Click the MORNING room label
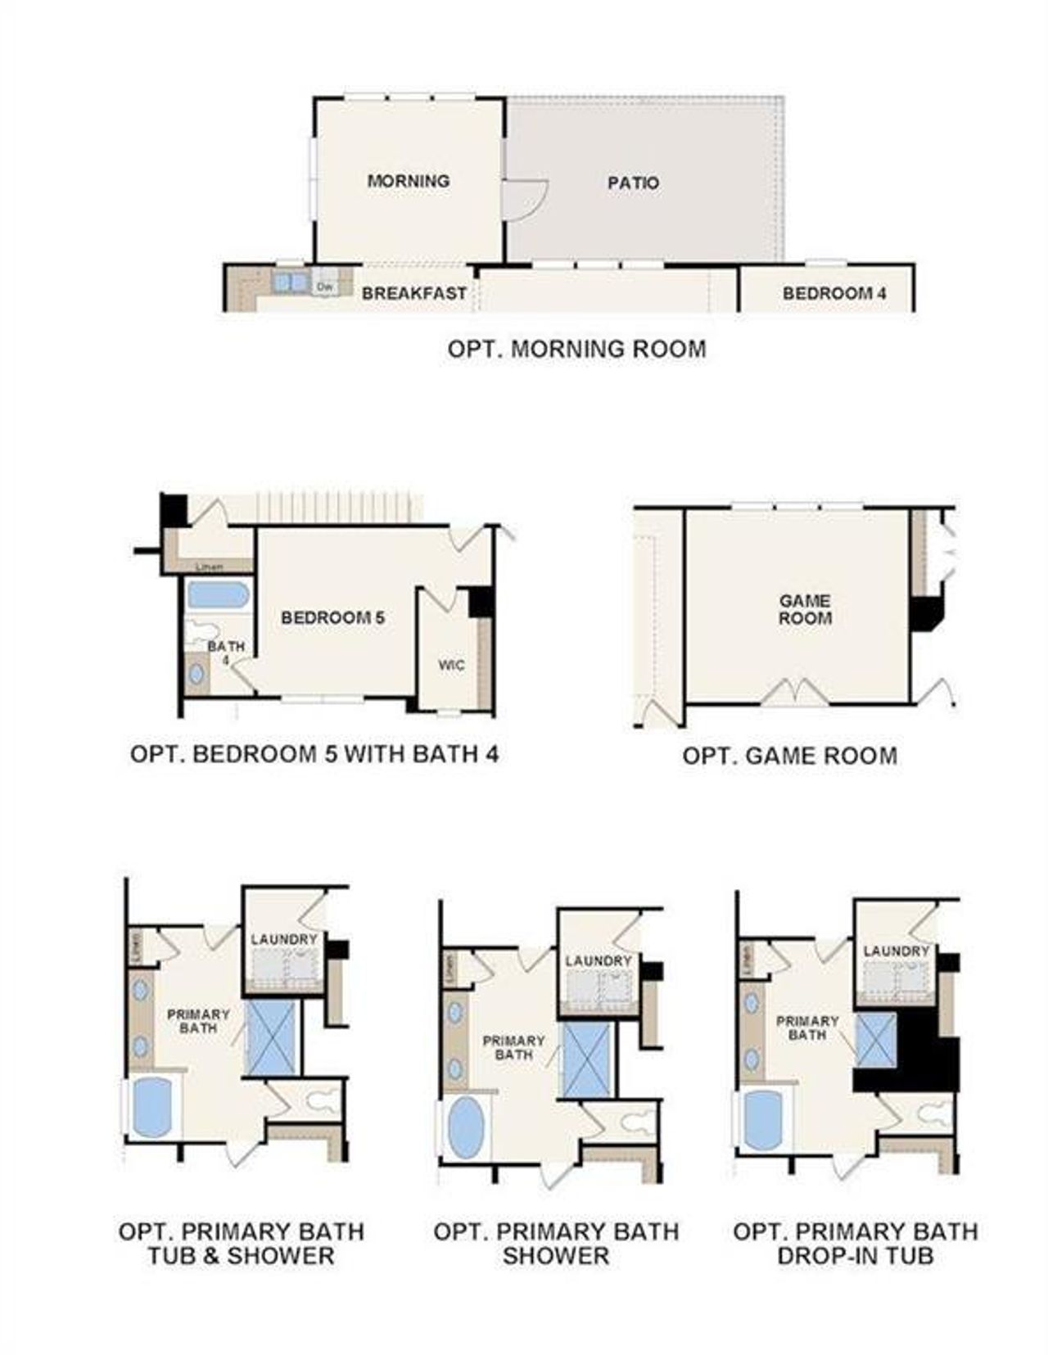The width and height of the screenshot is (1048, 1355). [408, 181]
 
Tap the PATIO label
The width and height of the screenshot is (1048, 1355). [633, 183]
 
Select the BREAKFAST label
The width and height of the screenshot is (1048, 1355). [414, 293]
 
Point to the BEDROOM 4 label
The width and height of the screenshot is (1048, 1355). [834, 293]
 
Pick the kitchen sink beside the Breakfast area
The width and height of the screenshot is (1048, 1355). [291, 282]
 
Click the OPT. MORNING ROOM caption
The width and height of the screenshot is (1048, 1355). [576, 349]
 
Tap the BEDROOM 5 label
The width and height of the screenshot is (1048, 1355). [332, 617]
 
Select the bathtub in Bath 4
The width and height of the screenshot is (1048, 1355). [218, 595]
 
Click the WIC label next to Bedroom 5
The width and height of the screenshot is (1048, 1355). [451, 666]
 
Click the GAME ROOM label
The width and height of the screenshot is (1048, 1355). [805, 610]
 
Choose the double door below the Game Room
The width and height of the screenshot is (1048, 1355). [794, 693]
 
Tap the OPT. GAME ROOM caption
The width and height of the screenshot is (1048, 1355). [789, 755]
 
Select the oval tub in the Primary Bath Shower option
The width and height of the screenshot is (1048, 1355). [466, 1127]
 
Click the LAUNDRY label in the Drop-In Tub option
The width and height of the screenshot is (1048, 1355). [897, 951]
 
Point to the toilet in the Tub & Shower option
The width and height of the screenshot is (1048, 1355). [323, 1100]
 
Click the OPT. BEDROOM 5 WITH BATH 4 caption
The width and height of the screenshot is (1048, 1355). [314, 753]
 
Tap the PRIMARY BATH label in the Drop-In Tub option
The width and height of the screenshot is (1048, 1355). [807, 1028]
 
